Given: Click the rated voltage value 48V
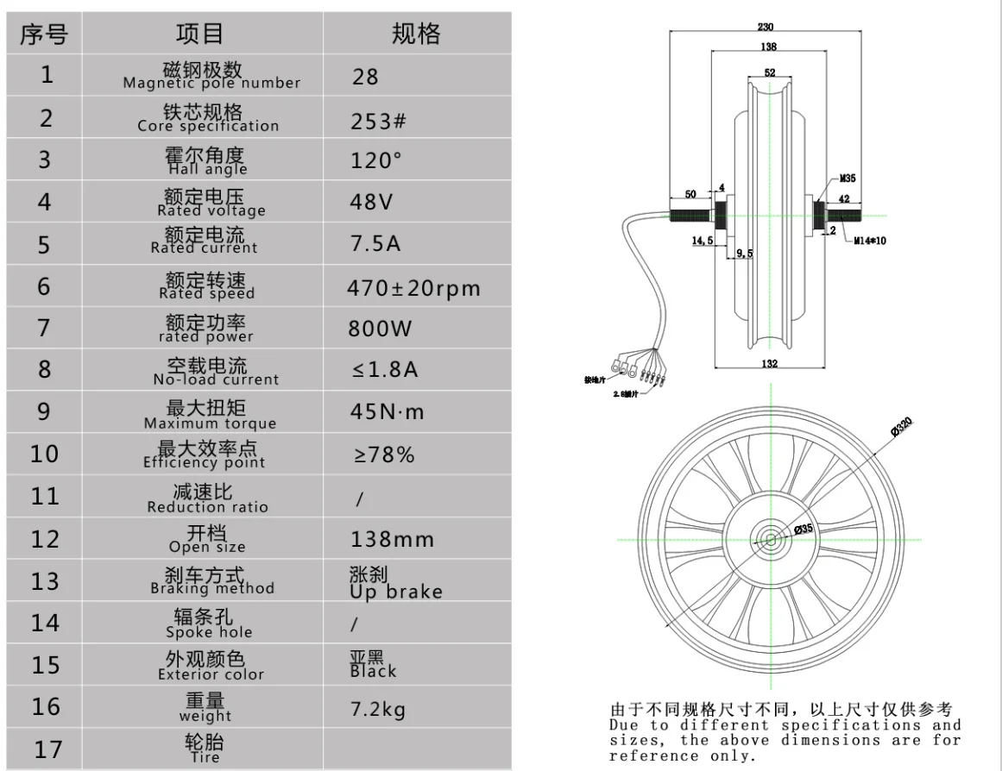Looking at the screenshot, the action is [x=372, y=203].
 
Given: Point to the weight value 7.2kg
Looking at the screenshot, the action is [x=378, y=710].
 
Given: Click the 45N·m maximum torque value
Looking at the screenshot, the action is [x=388, y=412].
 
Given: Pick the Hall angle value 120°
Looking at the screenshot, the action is [x=377, y=160].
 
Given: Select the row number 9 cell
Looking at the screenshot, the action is [x=45, y=412].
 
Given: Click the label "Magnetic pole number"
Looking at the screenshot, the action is [x=211, y=83].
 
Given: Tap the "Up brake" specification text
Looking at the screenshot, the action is [x=396, y=592].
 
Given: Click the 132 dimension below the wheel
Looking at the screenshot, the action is [x=770, y=363].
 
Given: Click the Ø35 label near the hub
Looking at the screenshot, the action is [x=803, y=528].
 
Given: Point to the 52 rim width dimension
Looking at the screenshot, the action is [x=770, y=72].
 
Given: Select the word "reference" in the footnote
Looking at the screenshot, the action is [x=641, y=755].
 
